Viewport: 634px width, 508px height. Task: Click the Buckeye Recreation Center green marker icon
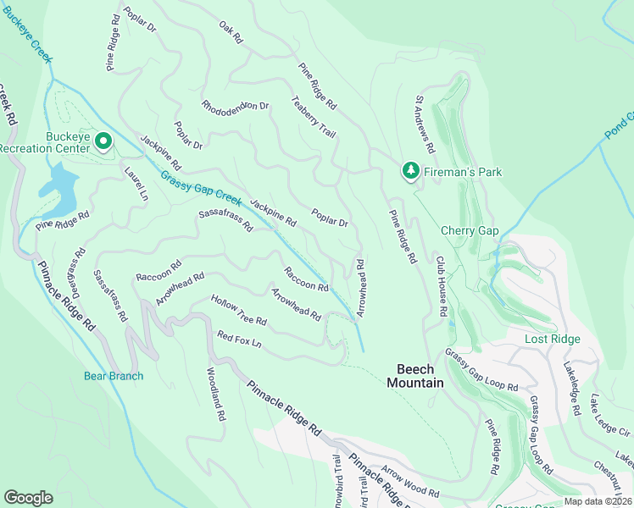(103, 141)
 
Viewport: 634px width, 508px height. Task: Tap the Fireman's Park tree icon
(410, 172)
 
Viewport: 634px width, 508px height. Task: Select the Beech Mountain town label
(415, 376)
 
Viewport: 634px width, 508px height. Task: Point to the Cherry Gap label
(468, 230)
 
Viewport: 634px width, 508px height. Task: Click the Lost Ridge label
(553, 339)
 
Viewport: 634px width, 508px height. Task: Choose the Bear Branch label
(113, 376)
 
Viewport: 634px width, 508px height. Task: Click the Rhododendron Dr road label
(235, 107)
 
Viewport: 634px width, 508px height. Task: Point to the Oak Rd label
(231, 33)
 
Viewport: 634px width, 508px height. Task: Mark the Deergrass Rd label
(79, 269)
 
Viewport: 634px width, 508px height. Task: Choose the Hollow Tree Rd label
(239, 312)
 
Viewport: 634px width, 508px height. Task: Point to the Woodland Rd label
(215, 395)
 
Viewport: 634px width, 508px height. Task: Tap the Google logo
(29, 498)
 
